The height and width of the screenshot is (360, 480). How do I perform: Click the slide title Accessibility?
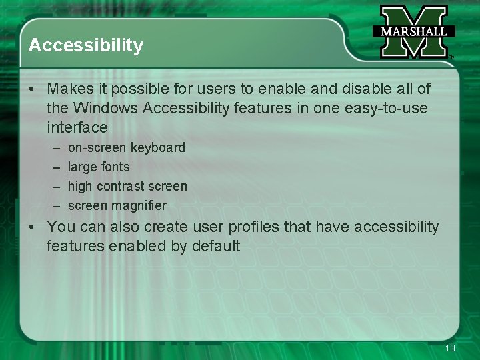(86, 45)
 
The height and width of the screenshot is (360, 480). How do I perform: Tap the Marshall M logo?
(413, 32)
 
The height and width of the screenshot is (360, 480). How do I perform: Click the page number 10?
(450, 348)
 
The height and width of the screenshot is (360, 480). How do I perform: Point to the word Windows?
(104, 108)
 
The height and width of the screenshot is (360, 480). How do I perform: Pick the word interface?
(77, 127)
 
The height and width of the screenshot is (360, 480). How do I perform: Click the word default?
(216, 247)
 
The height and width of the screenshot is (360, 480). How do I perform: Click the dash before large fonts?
(53, 167)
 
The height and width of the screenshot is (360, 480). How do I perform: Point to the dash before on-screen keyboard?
(53, 148)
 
